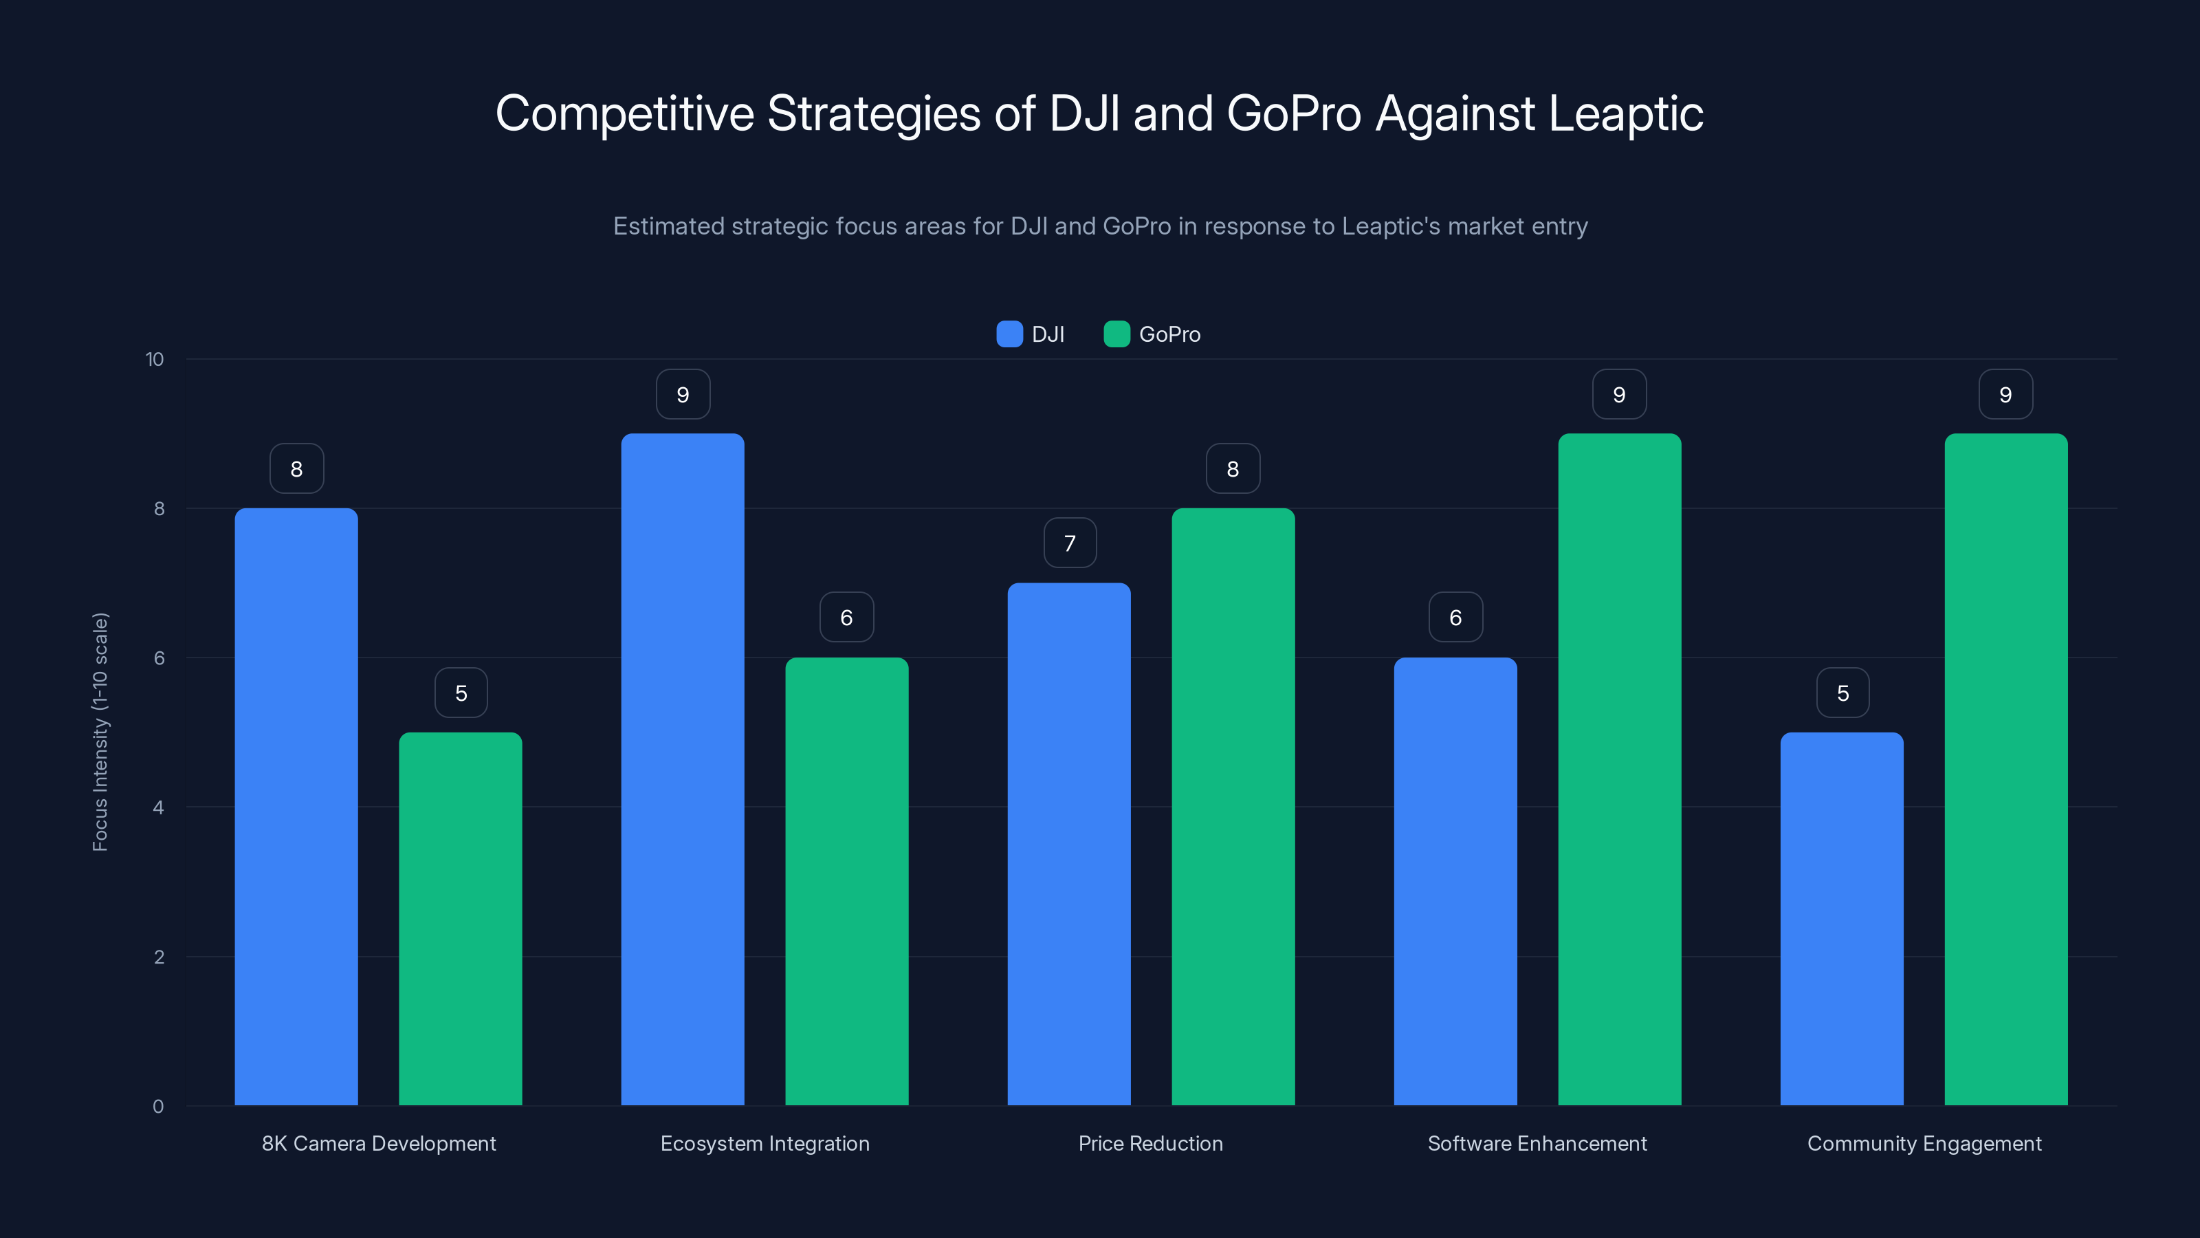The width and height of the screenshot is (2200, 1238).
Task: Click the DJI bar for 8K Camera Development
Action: tap(296, 807)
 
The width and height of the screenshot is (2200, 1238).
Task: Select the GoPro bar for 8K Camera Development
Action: tap(461, 918)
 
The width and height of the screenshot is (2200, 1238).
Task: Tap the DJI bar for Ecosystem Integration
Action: tap(683, 769)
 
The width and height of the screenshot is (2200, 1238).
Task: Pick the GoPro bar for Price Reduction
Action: tap(1233, 807)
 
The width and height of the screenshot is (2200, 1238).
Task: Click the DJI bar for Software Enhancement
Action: tap(1455, 881)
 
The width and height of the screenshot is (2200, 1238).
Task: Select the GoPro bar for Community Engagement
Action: tap(2005, 769)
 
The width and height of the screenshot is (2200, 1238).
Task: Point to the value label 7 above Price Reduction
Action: tap(1069, 543)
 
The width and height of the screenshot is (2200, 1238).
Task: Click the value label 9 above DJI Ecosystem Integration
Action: tap(683, 395)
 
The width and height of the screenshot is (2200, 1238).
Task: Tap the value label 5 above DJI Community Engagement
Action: tap(1842, 693)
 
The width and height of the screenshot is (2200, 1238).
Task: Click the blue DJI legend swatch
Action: tap(1009, 334)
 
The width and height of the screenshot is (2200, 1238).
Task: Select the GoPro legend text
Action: tap(1169, 334)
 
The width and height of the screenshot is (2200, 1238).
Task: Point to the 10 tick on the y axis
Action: tap(155, 359)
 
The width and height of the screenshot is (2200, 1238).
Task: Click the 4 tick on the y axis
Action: tap(158, 807)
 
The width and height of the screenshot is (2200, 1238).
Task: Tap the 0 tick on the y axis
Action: tap(158, 1107)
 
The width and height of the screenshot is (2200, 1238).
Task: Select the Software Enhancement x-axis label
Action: tap(1537, 1143)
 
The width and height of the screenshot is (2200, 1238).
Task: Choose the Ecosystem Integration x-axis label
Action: tap(764, 1143)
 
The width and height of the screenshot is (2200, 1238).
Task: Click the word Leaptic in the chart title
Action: tap(1625, 113)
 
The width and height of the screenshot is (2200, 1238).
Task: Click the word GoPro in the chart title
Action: tap(1293, 113)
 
